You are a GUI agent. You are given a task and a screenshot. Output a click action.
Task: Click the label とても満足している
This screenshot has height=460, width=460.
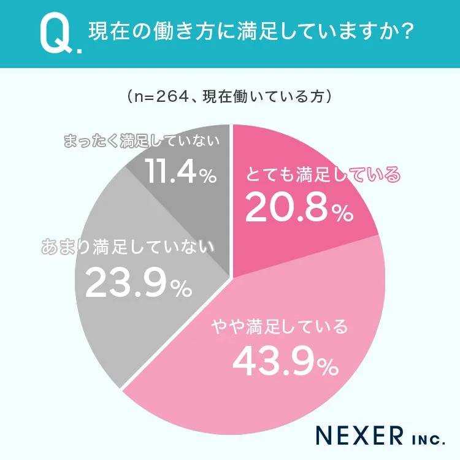click(x=323, y=175)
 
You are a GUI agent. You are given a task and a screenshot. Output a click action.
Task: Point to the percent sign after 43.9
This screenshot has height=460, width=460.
click(x=326, y=367)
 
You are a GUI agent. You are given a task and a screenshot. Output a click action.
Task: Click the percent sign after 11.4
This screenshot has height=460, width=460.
click(x=207, y=178)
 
